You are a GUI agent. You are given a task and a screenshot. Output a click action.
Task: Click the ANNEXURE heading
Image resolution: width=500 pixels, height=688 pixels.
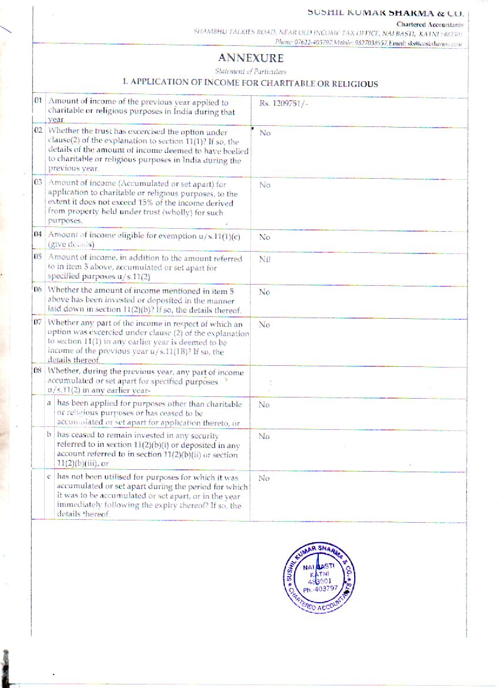pyautogui.click(x=251, y=58)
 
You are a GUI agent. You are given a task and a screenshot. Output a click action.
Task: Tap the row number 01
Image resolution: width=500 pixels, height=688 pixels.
pyautogui.click(x=38, y=101)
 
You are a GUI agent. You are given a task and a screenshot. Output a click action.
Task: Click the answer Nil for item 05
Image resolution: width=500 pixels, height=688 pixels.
pyautogui.click(x=265, y=259)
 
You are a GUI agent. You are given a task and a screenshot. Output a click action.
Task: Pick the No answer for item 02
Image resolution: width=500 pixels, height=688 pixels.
pyautogui.click(x=265, y=133)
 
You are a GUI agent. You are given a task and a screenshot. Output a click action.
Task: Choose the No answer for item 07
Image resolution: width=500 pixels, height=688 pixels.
pyautogui.click(x=265, y=324)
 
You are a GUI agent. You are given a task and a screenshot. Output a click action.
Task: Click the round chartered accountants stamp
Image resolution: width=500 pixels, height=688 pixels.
pyautogui.click(x=321, y=580)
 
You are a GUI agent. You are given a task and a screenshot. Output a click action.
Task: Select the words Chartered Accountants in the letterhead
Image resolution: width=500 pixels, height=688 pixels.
pyautogui.click(x=429, y=24)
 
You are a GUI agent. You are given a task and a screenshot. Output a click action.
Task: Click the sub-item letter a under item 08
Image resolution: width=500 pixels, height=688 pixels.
pyautogui.click(x=50, y=404)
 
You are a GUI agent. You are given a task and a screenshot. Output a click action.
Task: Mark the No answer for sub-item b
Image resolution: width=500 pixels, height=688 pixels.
pyautogui.click(x=265, y=437)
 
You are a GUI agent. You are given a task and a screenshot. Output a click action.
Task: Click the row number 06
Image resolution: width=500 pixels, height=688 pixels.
pyautogui.click(x=38, y=290)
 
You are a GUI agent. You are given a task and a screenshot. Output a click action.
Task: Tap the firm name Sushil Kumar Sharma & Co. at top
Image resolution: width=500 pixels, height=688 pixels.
pyautogui.click(x=385, y=12)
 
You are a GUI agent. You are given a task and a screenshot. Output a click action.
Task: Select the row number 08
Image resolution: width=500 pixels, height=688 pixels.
pyautogui.click(x=38, y=371)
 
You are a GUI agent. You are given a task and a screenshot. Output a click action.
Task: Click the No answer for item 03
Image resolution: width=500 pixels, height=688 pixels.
pyautogui.click(x=265, y=185)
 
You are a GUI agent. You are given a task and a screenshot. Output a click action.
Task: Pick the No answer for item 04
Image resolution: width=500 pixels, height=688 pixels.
pyautogui.click(x=265, y=237)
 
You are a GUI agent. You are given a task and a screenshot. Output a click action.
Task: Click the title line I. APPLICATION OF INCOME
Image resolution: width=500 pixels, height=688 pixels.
pyautogui.click(x=250, y=84)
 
